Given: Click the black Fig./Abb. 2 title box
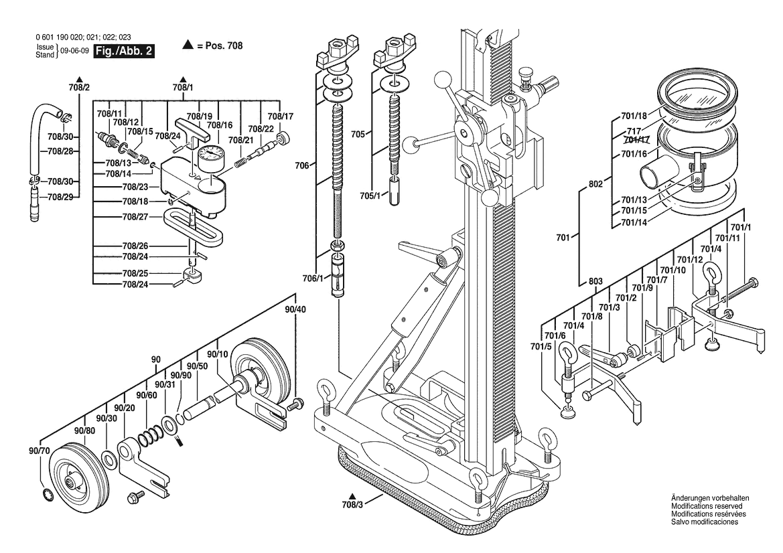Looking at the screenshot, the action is pos(125,52).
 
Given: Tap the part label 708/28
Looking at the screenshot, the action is pos(60,151).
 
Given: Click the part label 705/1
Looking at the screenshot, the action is pos(370,195).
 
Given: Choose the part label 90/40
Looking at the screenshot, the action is pos(295,309).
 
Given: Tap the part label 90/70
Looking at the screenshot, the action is pos(40,451).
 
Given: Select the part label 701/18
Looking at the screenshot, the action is pos(634,116).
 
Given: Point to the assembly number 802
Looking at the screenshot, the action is pos(595,183).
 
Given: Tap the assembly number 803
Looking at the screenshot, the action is pos(595,281).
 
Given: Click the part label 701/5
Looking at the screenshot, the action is pos(541,346).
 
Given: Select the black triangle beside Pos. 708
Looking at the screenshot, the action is pos(188,46).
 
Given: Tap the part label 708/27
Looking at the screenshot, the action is pos(135,217).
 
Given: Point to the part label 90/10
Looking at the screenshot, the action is pos(218,354).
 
